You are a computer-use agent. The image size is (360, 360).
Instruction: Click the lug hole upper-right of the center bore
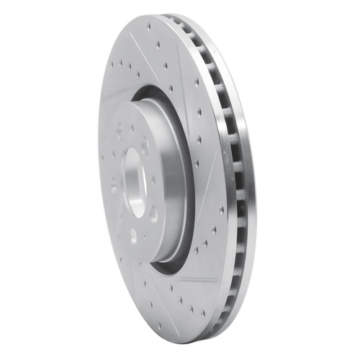[145, 146]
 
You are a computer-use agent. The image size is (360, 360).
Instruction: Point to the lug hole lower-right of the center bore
[153, 213]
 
